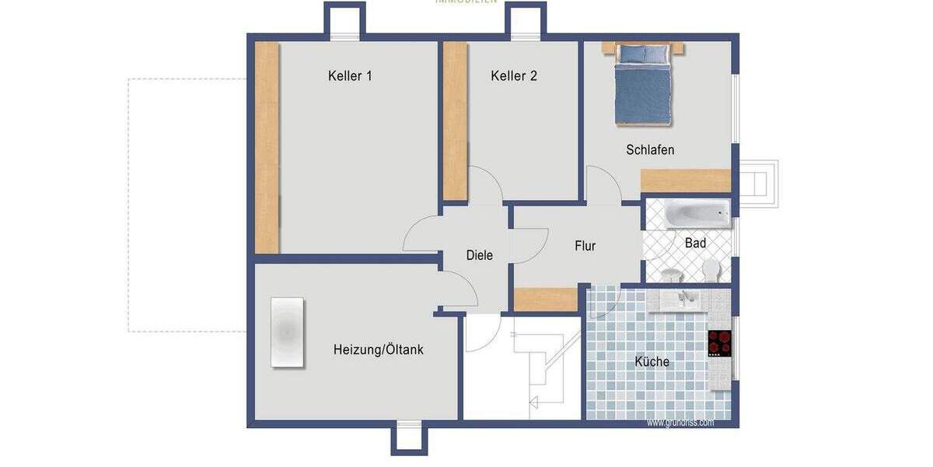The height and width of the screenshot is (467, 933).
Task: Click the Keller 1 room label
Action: click(350, 76)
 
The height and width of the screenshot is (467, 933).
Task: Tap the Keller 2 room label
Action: click(514, 76)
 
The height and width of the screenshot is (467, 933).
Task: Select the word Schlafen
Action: click(650, 149)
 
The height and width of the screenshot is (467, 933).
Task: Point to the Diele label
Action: click(480, 255)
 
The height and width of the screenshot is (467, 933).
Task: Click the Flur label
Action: click(585, 246)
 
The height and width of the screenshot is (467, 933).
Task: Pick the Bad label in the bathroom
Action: click(695, 243)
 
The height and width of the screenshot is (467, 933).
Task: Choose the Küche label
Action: click(652, 362)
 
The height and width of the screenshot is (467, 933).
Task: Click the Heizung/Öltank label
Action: click(379, 349)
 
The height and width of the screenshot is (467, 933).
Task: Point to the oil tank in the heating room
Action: click(288, 332)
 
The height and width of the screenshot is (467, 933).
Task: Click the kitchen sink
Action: click(687, 299)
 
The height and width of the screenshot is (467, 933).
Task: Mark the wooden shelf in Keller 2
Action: click(455, 121)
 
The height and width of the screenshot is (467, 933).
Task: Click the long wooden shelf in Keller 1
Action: click(267, 147)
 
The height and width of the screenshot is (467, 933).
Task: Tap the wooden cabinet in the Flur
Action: click(546, 300)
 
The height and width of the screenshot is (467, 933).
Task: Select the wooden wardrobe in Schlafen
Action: click(686, 181)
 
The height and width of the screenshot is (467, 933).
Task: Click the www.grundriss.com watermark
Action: click(680, 423)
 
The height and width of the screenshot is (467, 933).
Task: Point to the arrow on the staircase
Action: click(533, 402)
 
